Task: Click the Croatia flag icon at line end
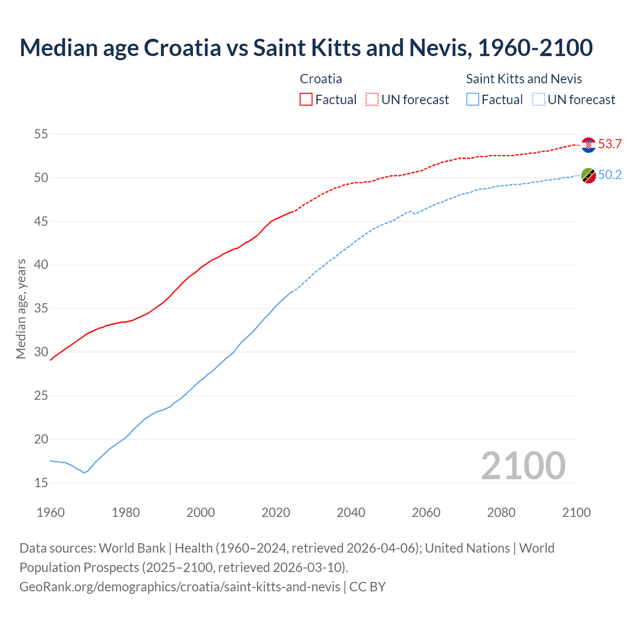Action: pyautogui.click(x=588, y=145)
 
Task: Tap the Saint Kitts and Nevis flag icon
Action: pyautogui.click(x=588, y=175)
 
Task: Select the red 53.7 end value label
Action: pyautogui.click(x=610, y=144)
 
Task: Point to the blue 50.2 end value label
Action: pyautogui.click(x=610, y=175)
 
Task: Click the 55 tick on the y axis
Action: pyautogui.click(x=41, y=134)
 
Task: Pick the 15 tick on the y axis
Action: pyautogui.click(x=41, y=483)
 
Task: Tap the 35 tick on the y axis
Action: pyautogui.click(x=41, y=309)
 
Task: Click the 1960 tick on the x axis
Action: pyautogui.click(x=51, y=512)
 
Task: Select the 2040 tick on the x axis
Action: pyautogui.click(x=351, y=512)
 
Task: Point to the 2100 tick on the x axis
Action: pyautogui.click(x=576, y=512)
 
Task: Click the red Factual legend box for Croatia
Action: pyautogui.click(x=306, y=100)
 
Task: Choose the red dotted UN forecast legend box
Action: pyautogui.click(x=372, y=100)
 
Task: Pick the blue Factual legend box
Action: pyautogui.click(x=473, y=100)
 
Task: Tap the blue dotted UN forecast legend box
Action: pyautogui.click(x=539, y=100)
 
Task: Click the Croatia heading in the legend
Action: pyautogui.click(x=321, y=79)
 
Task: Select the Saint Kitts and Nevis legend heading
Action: pyautogui.click(x=524, y=79)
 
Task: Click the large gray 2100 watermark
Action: pyautogui.click(x=523, y=466)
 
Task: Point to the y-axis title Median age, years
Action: pyautogui.click(x=21, y=309)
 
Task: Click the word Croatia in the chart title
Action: pyautogui.click(x=182, y=48)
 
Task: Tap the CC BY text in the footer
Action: pyautogui.click(x=368, y=587)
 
